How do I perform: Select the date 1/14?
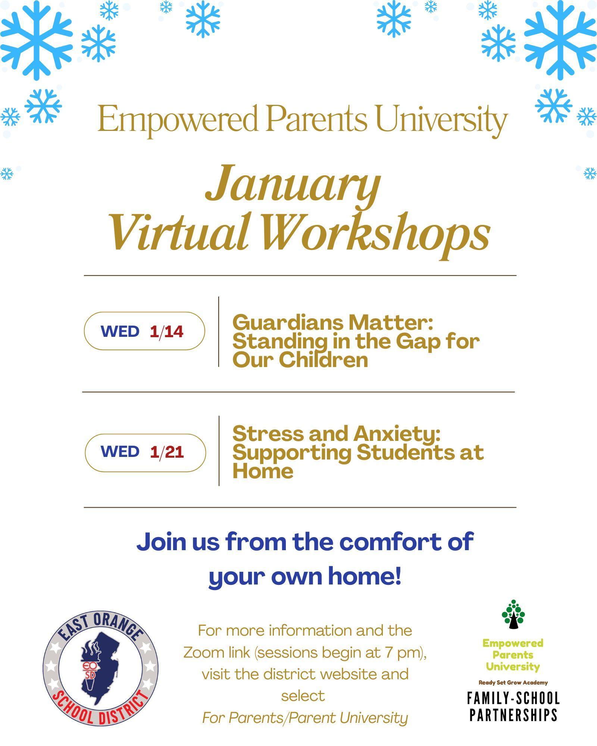click(x=166, y=331)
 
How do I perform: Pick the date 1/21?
click(x=167, y=452)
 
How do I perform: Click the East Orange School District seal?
click(x=100, y=668)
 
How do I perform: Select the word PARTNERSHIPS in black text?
click(x=513, y=715)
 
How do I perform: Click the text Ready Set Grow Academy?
click(x=513, y=683)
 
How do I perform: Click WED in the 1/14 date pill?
click(x=120, y=331)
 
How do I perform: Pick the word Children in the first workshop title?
click(x=323, y=360)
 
